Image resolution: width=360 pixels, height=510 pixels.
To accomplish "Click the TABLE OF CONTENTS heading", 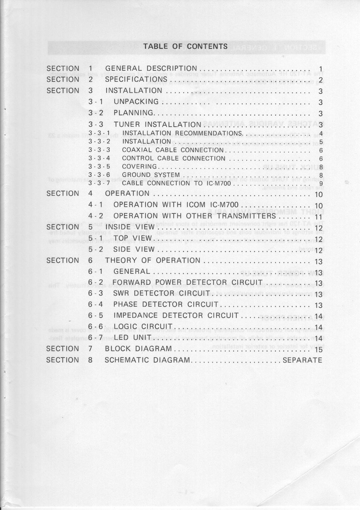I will coord(185,47).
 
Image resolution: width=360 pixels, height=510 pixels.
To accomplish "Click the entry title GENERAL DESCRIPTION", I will coord(151,69).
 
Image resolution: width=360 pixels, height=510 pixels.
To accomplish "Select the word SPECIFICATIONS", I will coord(136,79).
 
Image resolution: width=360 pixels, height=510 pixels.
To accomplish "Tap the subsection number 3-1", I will coord(96,102).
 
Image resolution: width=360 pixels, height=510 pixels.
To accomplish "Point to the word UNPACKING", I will coord(136,102).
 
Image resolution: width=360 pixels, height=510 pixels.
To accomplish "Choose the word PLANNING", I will coord(133,113).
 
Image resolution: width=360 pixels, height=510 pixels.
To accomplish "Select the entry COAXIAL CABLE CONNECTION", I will coord(173,150).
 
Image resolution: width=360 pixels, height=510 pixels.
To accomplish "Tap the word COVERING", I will coord(139,167).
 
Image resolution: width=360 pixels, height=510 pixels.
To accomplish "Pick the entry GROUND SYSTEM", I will coord(151,175).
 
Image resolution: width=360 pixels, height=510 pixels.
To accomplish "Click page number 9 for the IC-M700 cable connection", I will coord(321,184).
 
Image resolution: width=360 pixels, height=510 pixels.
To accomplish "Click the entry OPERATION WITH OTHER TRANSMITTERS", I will coord(194,216).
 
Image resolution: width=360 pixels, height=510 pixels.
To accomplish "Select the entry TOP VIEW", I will coord(133,238).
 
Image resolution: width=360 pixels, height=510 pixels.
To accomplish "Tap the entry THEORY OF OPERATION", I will coord(153,261).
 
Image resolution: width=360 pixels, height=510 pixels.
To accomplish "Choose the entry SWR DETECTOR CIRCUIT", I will coord(162,294).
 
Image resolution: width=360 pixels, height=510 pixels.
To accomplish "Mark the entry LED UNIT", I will coord(132,337).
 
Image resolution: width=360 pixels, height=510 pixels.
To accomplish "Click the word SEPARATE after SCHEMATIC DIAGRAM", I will coord(302,360).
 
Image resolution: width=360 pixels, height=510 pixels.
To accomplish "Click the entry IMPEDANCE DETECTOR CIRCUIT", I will coord(176,316).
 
